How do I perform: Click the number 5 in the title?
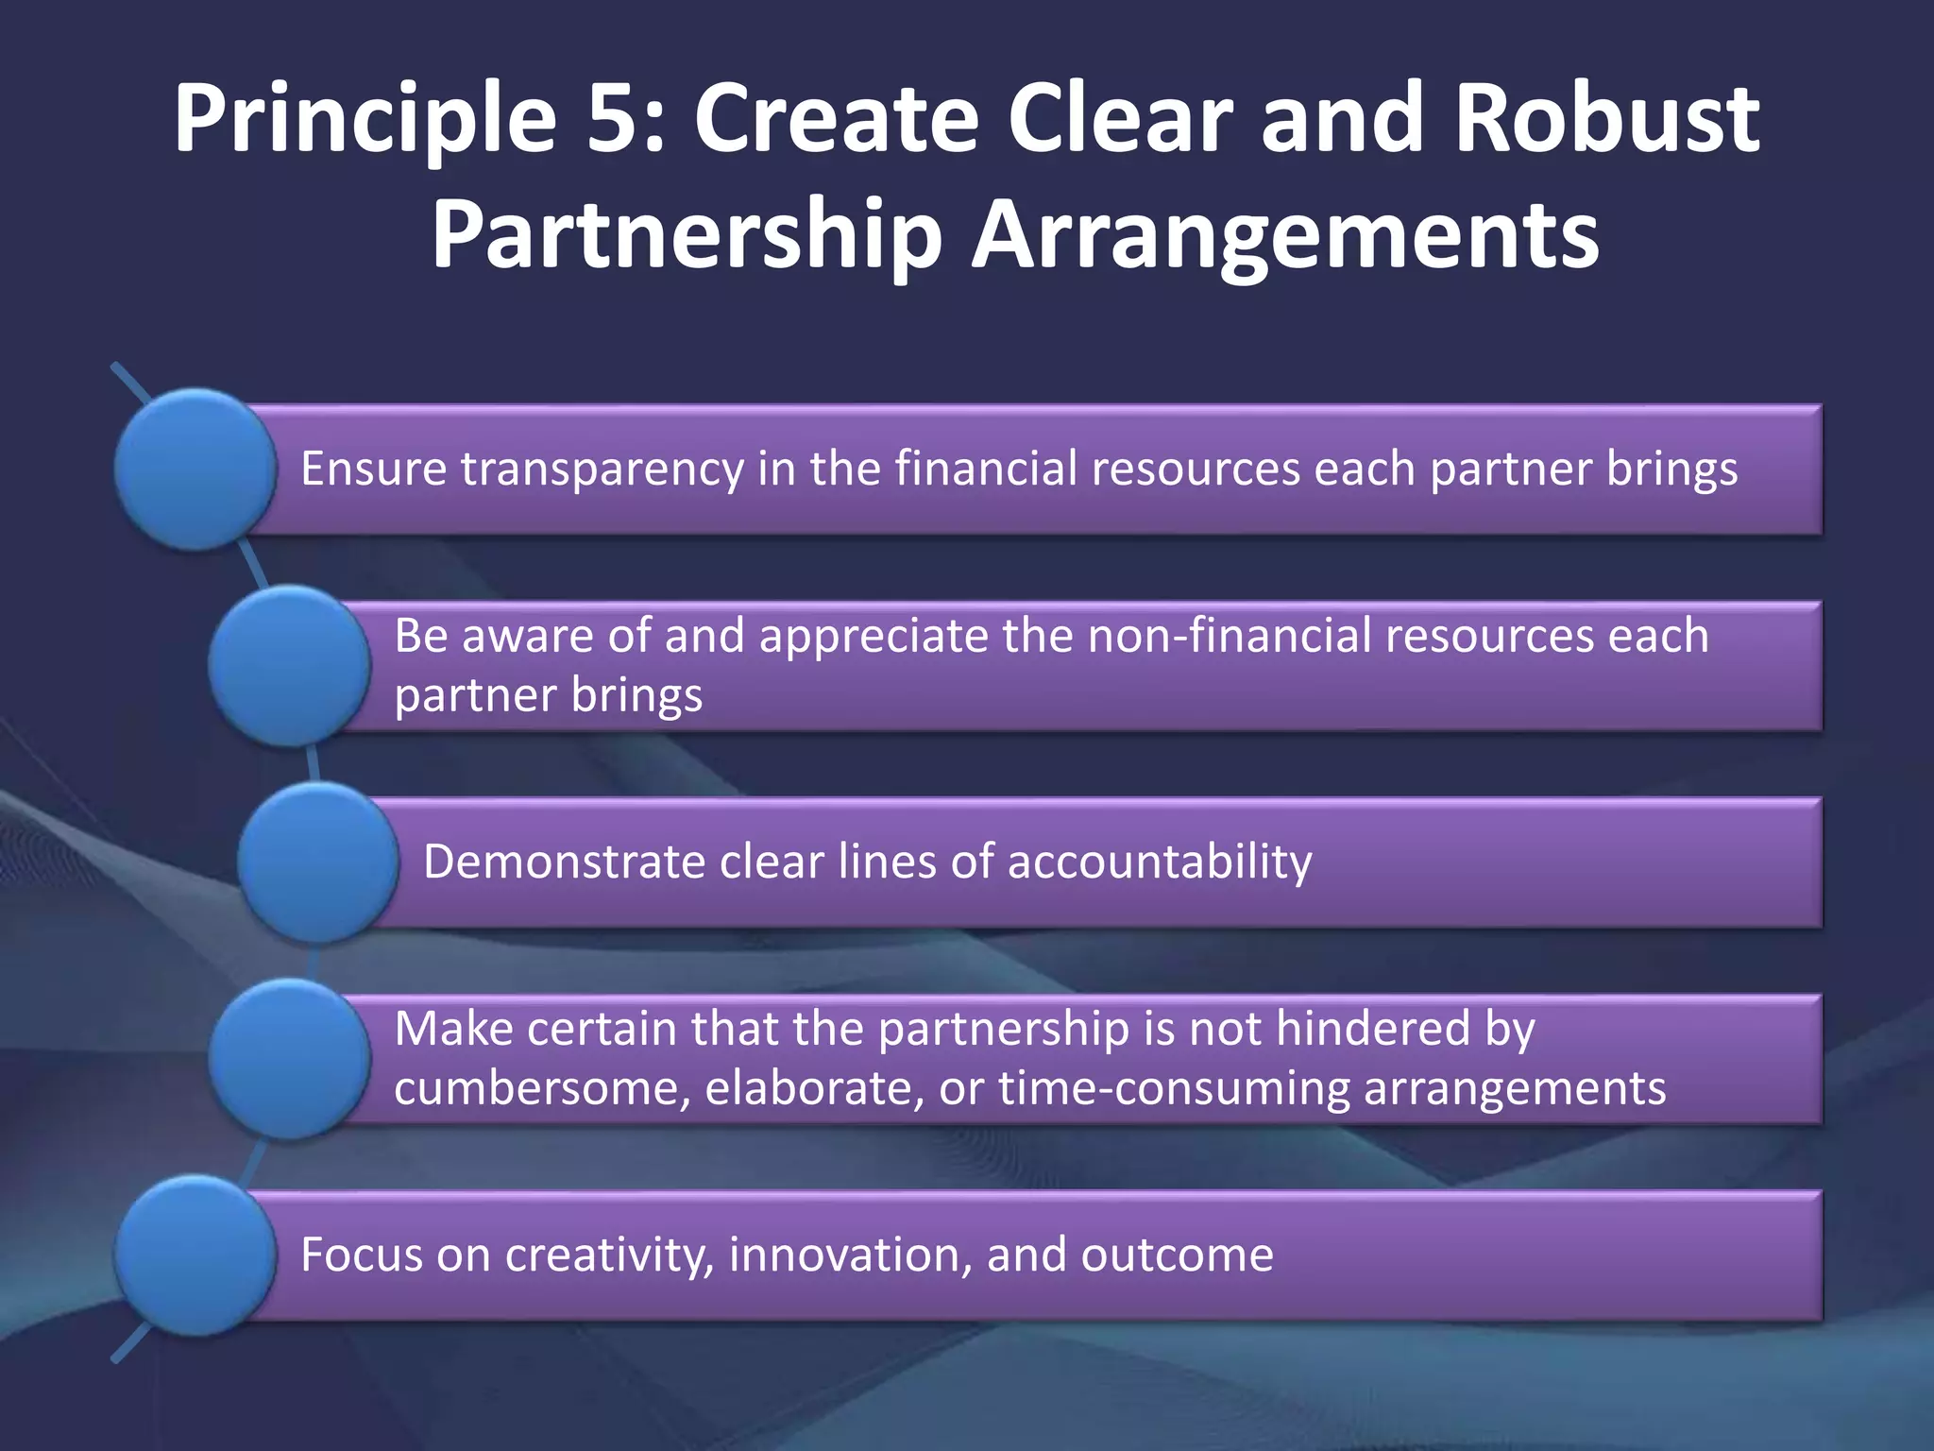(x=614, y=118)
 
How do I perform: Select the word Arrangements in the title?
(x=1284, y=236)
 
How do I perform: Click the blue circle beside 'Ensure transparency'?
(x=195, y=469)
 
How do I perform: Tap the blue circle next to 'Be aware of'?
(x=289, y=666)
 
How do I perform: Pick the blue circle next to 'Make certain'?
(x=289, y=1059)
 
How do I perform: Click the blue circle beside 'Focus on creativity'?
(x=195, y=1255)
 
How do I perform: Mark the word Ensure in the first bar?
(x=373, y=469)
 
